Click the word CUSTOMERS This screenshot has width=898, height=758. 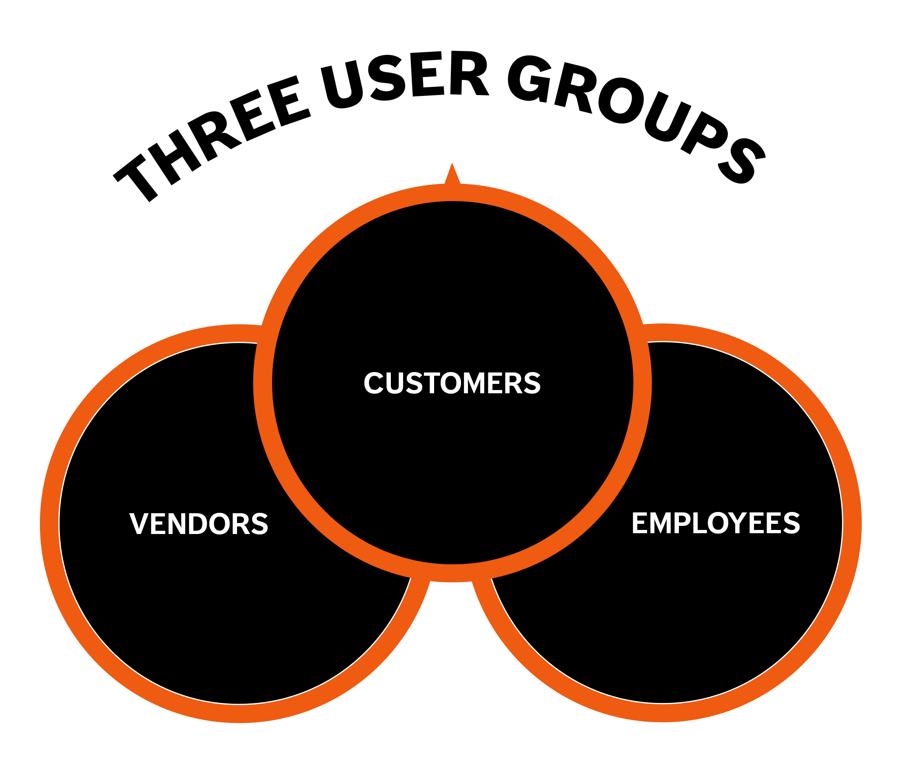coord(452,383)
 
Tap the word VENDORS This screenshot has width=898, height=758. coord(199,523)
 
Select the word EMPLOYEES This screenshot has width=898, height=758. coord(715,523)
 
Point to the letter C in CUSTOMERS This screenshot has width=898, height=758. coord(373,383)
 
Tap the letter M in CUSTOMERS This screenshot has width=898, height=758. coord(472,383)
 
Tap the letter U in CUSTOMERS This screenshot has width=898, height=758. coord(395,383)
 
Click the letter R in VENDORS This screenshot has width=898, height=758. coord(241,523)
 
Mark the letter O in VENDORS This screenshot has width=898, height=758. coord(220,523)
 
